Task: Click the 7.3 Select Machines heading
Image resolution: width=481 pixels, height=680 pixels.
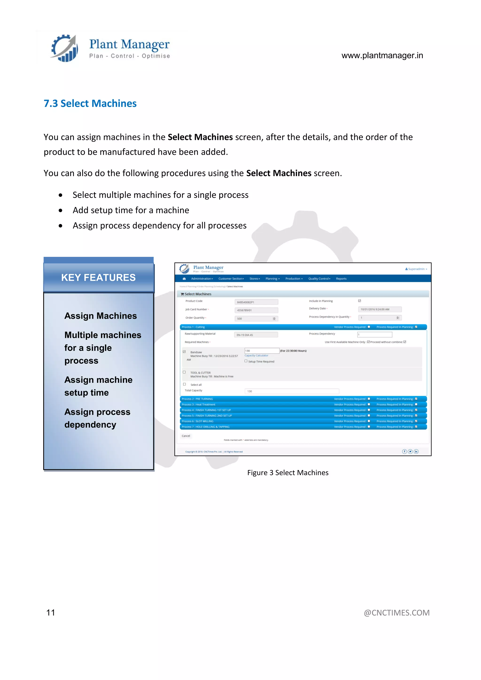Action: click(x=90, y=103)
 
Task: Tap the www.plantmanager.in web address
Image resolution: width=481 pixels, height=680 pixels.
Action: click(x=382, y=55)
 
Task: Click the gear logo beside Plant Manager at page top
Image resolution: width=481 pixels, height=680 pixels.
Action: click(x=65, y=48)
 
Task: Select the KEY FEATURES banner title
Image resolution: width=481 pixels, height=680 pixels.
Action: click(x=98, y=278)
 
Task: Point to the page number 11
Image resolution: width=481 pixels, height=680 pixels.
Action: click(x=51, y=612)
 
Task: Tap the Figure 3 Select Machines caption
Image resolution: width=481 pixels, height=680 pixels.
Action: click(x=288, y=472)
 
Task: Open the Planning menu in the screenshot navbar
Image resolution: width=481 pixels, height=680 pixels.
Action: click(x=272, y=279)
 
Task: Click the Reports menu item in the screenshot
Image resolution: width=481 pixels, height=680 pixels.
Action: click(x=341, y=279)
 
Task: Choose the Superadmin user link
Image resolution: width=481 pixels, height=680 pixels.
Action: click(x=416, y=269)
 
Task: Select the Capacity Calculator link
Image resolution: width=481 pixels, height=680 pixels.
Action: click(x=256, y=355)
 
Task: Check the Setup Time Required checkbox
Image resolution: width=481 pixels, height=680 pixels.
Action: click(x=246, y=361)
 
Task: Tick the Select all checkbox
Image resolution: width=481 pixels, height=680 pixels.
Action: click(x=184, y=384)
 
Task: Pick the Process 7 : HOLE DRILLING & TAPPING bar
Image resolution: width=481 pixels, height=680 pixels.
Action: click(x=206, y=427)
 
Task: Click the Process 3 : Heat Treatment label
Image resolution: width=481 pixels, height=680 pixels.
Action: click(x=198, y=405)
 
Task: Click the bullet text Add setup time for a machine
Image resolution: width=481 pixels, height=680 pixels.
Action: click(x=131, y=210)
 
